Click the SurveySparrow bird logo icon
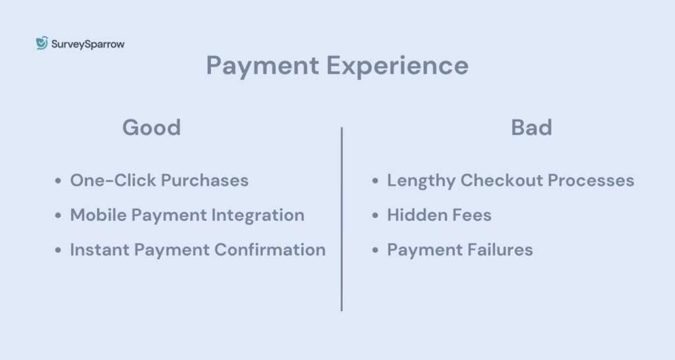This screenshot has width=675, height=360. tap(42, 44)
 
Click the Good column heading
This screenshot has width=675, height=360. tap(152, 127)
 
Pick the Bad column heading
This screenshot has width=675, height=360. tap(531, 127)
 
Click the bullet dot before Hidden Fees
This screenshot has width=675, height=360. tap(376, 216)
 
